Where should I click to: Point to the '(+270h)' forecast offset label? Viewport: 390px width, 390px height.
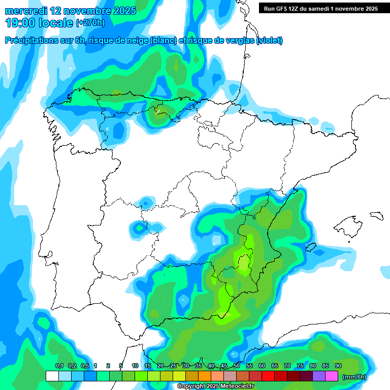click(90, 23)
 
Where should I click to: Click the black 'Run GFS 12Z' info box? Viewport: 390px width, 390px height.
click(318, 8)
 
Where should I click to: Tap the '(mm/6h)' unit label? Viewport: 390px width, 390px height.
click(354, 377)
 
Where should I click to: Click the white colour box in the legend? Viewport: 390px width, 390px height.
click(52, 376)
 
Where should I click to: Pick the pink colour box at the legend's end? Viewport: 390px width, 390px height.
click(331, 376)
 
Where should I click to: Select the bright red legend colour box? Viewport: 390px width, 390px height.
click(268, 376)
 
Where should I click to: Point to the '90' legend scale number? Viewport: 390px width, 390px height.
click(338, 366)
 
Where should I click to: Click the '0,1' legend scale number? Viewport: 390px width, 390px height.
click(59, 366)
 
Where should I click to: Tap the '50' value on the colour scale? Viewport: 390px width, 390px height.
click(237, 366)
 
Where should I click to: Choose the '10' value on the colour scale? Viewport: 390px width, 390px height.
click(135, 366)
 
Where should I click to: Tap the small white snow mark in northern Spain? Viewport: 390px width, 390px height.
click(158, 111)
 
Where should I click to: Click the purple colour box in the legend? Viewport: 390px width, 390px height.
click(318, 376)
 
